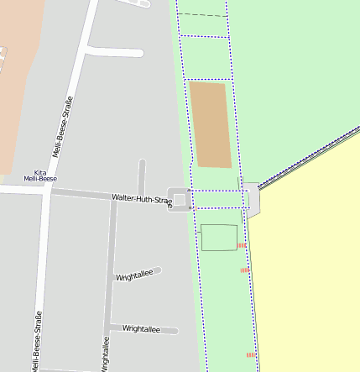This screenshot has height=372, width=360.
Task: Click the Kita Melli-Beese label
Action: tap(40, 175)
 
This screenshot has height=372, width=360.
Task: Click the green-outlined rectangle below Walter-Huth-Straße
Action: tap(218, 238)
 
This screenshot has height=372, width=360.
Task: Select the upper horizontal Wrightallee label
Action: tap(134, 275)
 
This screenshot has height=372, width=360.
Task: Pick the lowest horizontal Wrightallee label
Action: tap(140, 329)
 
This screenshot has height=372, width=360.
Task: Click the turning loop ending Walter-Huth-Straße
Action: tap(180, 200)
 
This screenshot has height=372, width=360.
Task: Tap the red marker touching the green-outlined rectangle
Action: tap(241, 245)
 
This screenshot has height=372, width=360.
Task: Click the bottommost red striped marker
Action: tap(250, 355)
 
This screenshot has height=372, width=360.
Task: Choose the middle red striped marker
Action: tap(244, 270)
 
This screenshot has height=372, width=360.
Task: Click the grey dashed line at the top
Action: tap(203, 15)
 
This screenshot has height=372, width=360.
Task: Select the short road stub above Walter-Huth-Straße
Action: tap(142, 176)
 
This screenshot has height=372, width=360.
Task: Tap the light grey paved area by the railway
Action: tap(252, 198)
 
